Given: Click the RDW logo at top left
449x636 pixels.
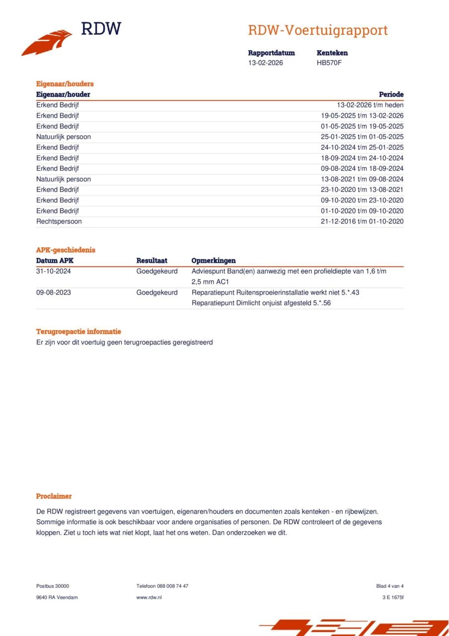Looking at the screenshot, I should coord(71,38).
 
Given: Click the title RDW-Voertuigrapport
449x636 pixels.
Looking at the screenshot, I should coord(317,30).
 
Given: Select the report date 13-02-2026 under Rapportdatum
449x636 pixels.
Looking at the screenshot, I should coord(265,63).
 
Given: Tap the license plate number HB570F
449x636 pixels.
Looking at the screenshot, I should coord(329,63).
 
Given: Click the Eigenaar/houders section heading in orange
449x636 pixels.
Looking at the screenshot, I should coord(65,84).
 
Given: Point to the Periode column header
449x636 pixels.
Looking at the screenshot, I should coord(391,94).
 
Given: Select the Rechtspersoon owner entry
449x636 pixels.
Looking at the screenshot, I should coord(59,222).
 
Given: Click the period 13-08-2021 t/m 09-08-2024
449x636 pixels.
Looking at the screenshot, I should coord(362,179).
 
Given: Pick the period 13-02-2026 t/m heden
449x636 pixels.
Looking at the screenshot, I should coord(370,105).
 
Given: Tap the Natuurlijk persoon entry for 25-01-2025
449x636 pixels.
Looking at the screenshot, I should coord(63,137).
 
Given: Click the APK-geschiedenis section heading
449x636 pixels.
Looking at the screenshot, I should coord(66,250).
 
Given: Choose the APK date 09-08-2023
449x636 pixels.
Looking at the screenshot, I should coord(53,293).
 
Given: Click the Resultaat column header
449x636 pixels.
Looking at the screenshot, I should coord(151,261).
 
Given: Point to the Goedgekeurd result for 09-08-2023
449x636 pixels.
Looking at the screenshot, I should coord(156,293).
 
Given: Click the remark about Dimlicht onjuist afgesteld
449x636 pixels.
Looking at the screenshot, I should coord(261,303).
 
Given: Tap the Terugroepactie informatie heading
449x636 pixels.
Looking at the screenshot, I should coord(78,331).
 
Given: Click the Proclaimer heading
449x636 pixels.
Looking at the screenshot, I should coord(54,496).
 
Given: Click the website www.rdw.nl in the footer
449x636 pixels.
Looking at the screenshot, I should coord(149,597).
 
